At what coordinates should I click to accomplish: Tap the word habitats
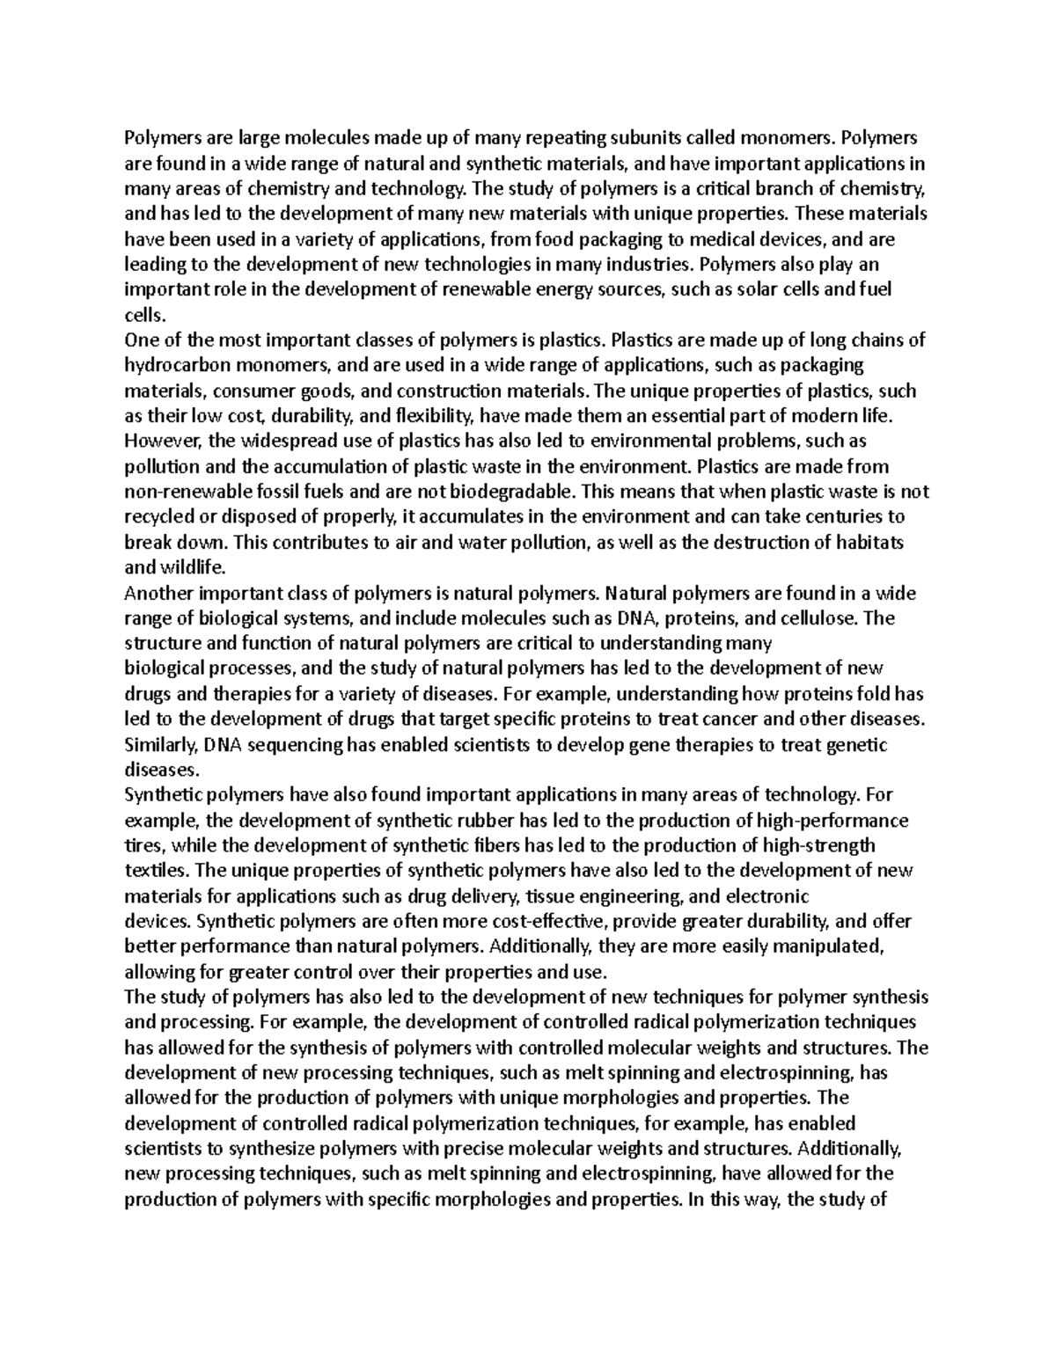click(x=875, y=542)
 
